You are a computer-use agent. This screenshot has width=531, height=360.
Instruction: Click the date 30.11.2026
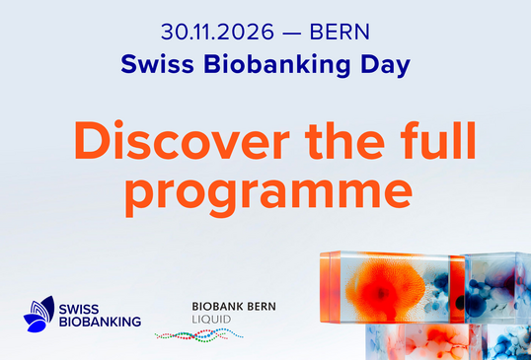pos(217,33)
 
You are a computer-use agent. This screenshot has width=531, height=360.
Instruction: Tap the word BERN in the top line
pos(340,33)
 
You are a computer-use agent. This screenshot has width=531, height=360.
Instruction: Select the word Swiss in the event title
pos(158,64)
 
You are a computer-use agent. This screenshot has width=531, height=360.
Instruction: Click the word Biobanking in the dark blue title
pos(276,65)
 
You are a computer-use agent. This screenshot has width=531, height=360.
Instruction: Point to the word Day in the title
pos(385,65)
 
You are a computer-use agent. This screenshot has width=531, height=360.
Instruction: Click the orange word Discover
pos(182,140)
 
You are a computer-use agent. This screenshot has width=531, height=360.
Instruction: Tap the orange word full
pos(438,139)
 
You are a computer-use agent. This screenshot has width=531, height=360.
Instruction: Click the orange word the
pos(344,140)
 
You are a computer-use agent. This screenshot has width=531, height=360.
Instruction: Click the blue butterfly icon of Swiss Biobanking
pos(38,315)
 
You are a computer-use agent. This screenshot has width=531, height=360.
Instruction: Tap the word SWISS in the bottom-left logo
pos(79,310)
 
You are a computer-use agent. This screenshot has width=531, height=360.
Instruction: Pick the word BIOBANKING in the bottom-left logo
pos(100,322)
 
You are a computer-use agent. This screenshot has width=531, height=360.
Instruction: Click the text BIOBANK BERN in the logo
pos(234,307)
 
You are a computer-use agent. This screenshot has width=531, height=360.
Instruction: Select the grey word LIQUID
pos(211,319)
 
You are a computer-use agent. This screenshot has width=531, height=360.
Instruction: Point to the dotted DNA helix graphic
pos(198,335)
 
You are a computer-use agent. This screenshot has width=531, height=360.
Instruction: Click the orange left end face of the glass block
pos(330,287)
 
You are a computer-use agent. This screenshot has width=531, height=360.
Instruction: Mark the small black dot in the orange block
pos(460,302)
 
